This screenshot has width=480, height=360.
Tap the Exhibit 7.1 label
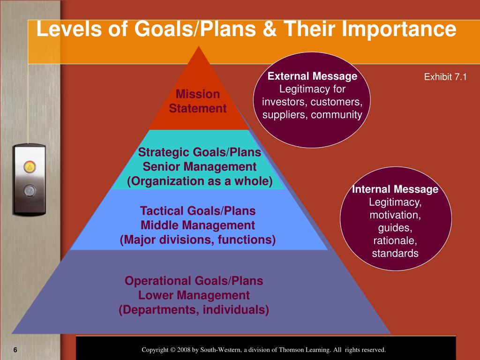click(x=445, y=77)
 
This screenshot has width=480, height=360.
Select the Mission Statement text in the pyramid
click(x=197, y=101)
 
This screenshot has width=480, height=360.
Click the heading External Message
click(x=312, y=76)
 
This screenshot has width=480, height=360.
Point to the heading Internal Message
click(x=395, y=189)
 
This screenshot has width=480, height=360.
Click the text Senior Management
click(x=199, y=167)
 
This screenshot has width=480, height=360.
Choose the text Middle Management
click(x=198, y=225)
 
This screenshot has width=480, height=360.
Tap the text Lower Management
click(x=194, y=295)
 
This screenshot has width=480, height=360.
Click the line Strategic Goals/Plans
click(x=199, y=152)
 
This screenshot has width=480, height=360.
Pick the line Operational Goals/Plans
click(x=194, y=281)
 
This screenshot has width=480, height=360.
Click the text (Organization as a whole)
click(x=200, y=181)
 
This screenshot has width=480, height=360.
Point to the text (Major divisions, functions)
click(x=198, y=240)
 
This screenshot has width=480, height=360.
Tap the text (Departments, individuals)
click(x=194, y=310)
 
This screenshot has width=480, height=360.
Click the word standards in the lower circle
click(x=395, y=254)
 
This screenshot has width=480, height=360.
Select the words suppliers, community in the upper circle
click(x=312, y=115)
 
